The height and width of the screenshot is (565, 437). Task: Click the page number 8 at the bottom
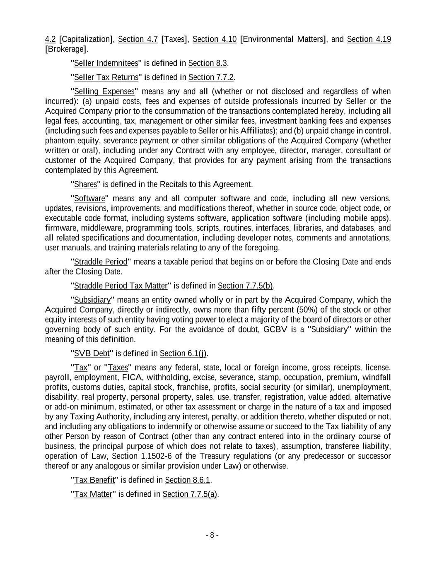[212, 535]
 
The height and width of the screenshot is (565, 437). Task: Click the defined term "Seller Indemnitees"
[106, 63]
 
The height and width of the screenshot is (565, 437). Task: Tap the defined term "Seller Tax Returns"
[106, 77]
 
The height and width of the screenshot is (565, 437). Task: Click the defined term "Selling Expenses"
[104, 91]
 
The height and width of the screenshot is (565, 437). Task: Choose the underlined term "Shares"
[85, 185]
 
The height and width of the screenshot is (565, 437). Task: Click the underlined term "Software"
[89, 199]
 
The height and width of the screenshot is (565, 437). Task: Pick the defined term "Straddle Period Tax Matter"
[121, 286]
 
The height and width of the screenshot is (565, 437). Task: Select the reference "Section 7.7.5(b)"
[245, 286]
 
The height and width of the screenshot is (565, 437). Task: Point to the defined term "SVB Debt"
[92, 353]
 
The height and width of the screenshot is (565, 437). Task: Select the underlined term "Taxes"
[118, 368]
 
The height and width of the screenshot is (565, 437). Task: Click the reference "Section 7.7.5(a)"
[190, 494]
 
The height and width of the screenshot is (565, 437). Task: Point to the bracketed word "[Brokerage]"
[66, 49]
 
